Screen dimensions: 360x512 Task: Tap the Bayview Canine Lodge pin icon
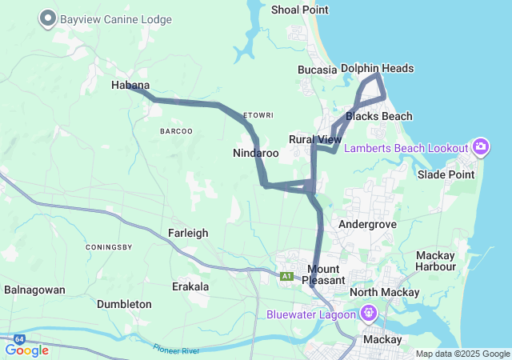click(x=48, y=18)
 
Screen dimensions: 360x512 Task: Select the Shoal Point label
click(x=300, y=10)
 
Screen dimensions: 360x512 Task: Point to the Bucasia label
click(x=317, y=70)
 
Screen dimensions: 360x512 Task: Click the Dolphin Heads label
click(x=377, y=69)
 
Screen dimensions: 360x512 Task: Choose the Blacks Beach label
click(x=378, y=117)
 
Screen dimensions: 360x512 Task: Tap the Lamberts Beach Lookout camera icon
click(x=480, y=146)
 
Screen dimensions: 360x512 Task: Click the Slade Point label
click(x=446, y=174)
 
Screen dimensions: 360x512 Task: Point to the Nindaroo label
click(x=256, y=153)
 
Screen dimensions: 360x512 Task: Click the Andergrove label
click(x=367, y=225)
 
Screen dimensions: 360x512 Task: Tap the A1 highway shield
click(x=286, y=276)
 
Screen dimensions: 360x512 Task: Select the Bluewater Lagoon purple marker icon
click(x=368, y=313)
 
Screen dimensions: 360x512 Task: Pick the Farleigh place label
click(x=188, y=233)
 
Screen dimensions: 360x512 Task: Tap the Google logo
click(x=26, y=350)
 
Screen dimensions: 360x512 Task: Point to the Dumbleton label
click(x=124, y=304)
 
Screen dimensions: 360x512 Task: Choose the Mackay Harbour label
click(x=436, y=261)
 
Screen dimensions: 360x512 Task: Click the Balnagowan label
click(x=34, y=290)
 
